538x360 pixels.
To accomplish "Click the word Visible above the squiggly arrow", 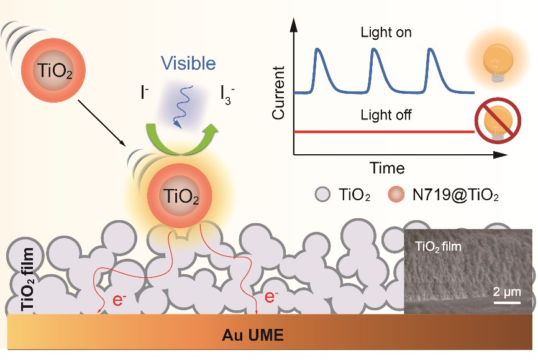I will tap(188, 63).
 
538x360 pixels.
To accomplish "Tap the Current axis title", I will tap(278, 93).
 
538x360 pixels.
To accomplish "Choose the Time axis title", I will tap(387, 168).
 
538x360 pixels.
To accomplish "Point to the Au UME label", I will tap(253, 336).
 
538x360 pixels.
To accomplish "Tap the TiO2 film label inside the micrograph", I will tap(442, 246).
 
